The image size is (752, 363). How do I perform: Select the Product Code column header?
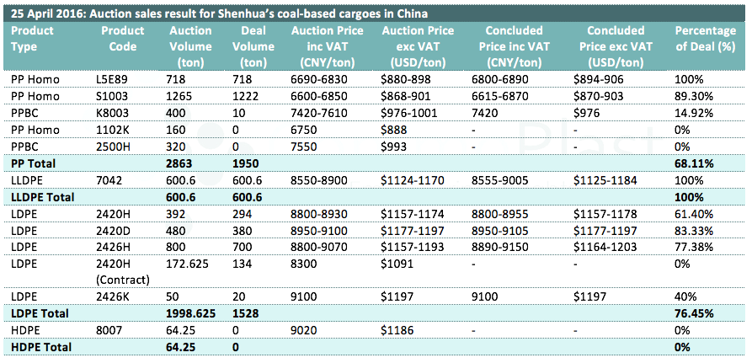click(x=123, y=38)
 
